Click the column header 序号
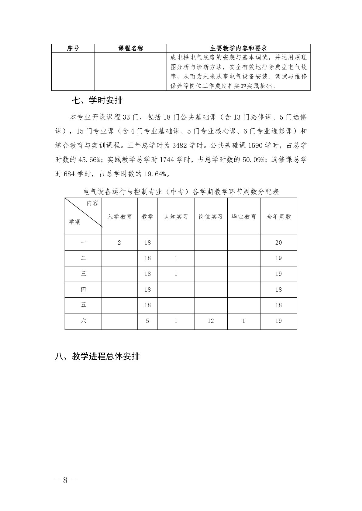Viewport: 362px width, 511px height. [x=73, y=48]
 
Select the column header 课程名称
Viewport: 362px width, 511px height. [x=131, y=48]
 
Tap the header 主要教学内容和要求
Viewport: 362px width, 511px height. [x=239, y=48]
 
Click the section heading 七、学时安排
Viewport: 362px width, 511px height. [x=97, y=100]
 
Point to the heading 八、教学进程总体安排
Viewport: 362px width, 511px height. [x=97, y=356]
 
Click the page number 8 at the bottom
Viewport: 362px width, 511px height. [x=65, y=480]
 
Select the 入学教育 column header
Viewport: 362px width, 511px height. [x=119, y=217]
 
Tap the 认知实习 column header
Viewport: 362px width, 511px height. [x=176, y=217]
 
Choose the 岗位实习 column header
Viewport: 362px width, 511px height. [x=211, y=217]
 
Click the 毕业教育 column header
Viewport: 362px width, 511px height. [x=244, y=217]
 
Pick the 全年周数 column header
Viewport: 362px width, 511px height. [x=279, y=217]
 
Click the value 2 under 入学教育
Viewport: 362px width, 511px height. [x=119, y=243]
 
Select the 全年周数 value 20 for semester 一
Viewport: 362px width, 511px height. [x=278, y=243]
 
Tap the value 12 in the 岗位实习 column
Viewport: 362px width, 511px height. [x=211, y=321]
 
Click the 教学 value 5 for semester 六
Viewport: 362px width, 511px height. [x=148, y=321]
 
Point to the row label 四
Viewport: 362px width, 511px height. [x=83, y=290]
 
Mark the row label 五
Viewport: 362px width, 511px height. [x=83, y=305]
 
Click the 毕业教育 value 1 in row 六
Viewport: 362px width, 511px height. [x=244, y=321]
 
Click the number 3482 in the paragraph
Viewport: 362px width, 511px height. [x=180, y=145]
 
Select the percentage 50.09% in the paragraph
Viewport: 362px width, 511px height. [x=253, y=160]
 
